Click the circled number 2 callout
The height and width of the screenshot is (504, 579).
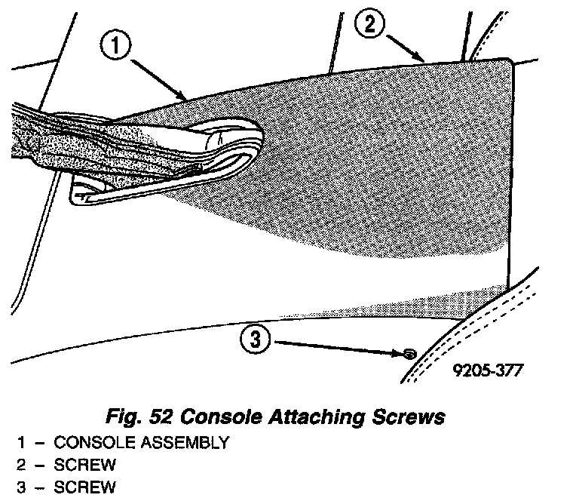coord(370,24)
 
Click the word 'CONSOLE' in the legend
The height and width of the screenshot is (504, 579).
coord(90,443)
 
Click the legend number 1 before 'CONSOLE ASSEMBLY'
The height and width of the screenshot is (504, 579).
coord(20,443)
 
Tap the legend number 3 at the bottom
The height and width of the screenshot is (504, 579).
coord(20,487)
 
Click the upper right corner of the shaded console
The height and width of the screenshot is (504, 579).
coord(510,63)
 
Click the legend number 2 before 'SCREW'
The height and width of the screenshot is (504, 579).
coord(20,465)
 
